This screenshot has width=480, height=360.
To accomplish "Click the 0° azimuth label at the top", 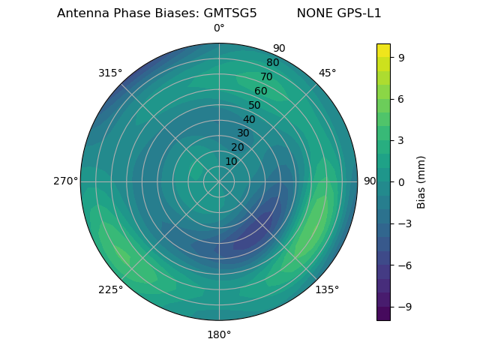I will (x=219, y=28).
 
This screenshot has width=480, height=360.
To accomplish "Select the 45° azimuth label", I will (x=327, y=73).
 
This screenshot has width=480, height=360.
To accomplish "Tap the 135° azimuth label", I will (x=327, y=289).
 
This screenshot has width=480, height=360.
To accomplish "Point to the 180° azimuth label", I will (x=219, y=334).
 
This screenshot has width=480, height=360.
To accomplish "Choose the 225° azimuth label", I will (x=110, y=290).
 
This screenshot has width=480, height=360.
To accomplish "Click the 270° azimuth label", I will (x=65, y=181).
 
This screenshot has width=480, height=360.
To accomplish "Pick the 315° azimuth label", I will (x=110, y=73).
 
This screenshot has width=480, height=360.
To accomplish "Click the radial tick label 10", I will (x=231, y=161).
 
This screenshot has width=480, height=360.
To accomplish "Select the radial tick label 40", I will (x=249, y=120).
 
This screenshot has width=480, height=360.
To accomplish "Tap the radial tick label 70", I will (x=266, y=77).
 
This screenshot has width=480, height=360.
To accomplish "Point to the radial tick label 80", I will (x=272, y=63).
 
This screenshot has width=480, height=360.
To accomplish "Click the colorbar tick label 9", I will (x=400, y=57).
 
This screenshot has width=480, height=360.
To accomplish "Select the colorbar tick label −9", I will (x=403, y=307).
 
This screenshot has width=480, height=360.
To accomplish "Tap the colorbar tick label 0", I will (x=400, y=182).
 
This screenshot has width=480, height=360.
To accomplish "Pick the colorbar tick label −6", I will (x=403, y=265).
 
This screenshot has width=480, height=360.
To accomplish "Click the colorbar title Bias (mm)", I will (x=421, y=181).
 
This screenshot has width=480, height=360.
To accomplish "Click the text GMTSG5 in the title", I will (x=230, y=13).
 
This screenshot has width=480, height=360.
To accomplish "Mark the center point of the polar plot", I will (x=219, y=181).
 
